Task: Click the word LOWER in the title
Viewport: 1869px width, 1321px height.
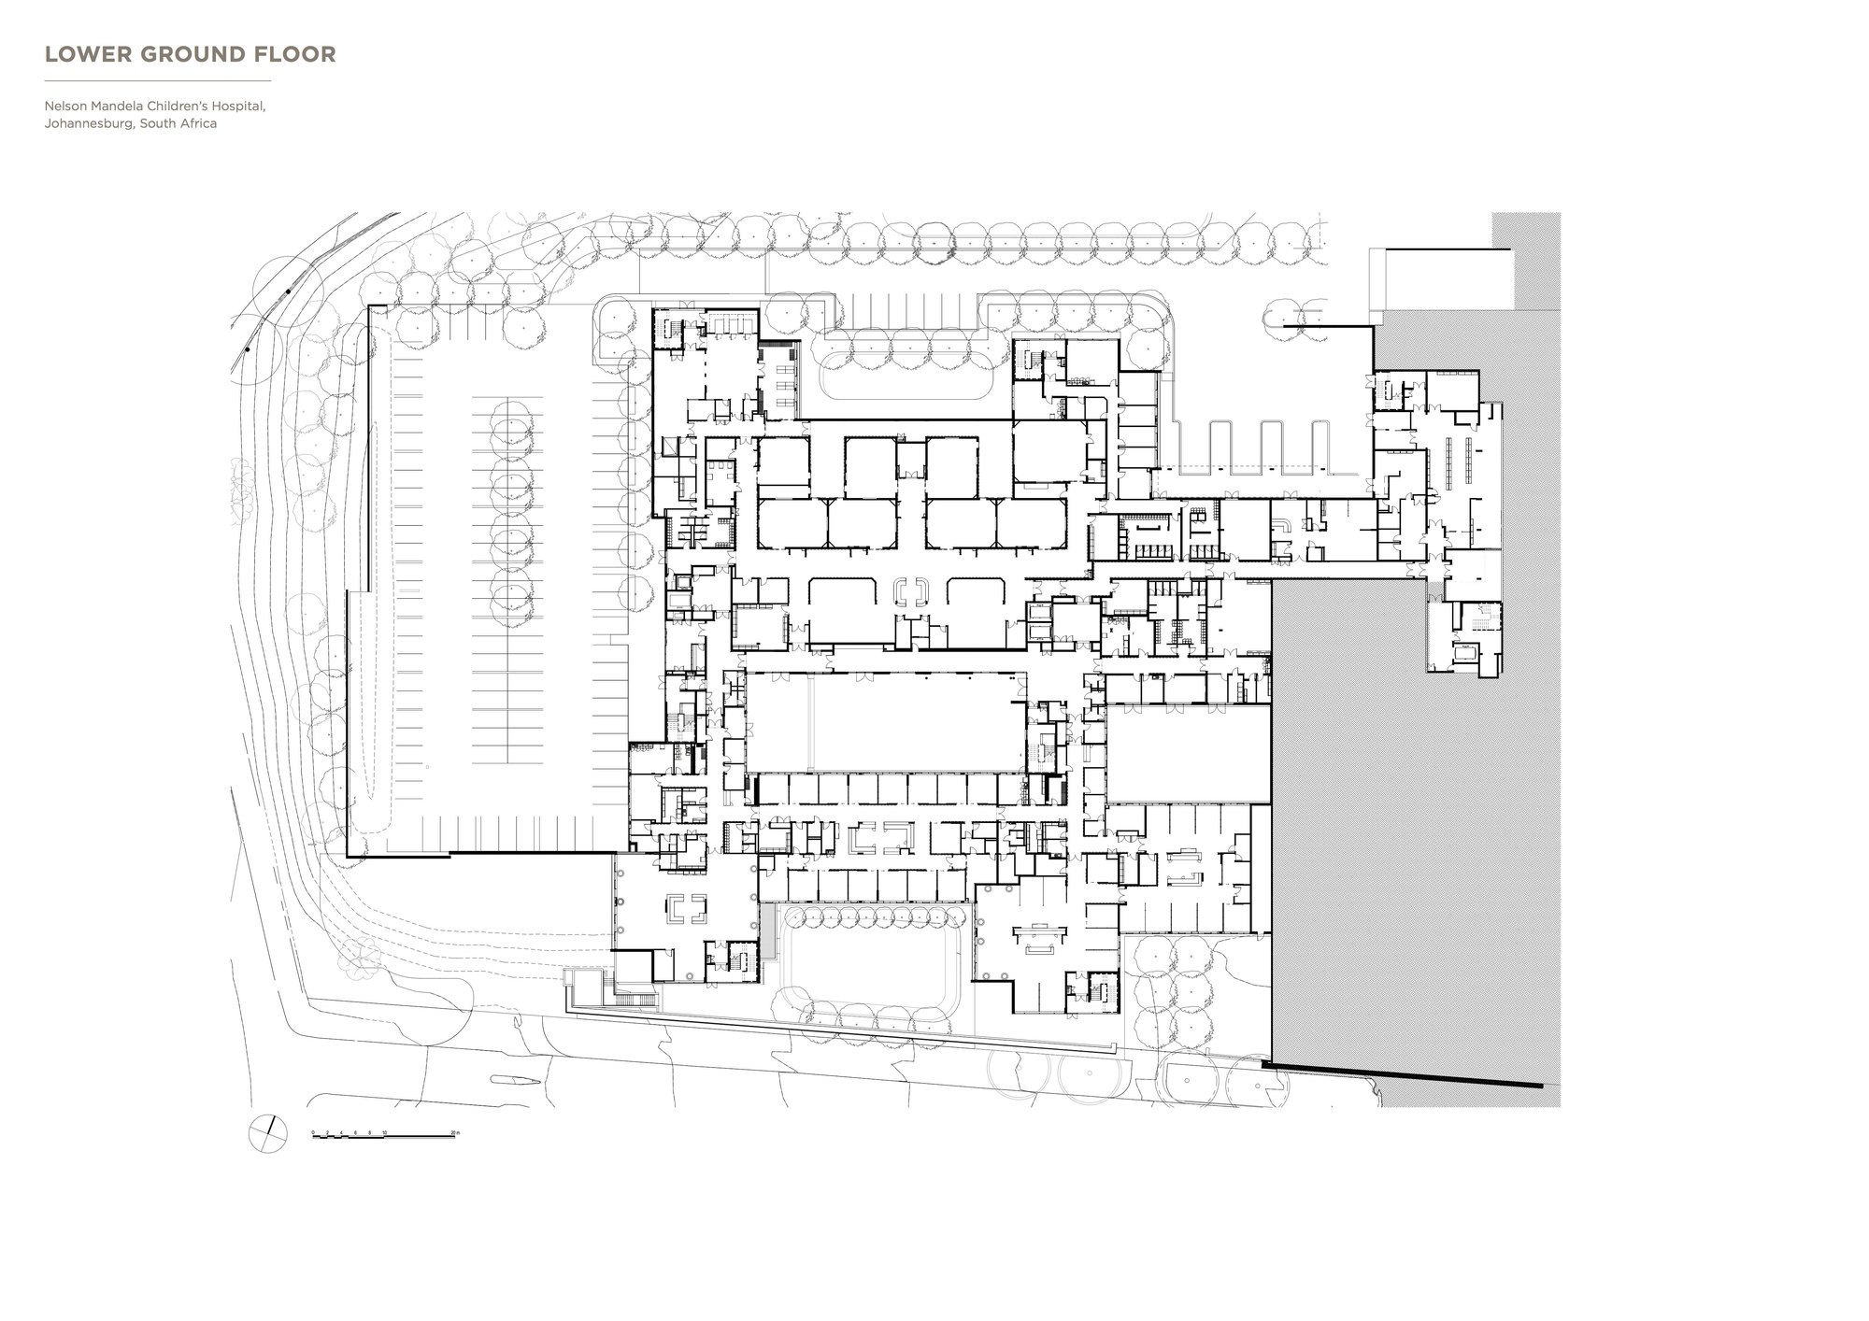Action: [x=78, y=54]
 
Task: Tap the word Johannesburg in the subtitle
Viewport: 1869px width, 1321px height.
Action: [x=88, y=123]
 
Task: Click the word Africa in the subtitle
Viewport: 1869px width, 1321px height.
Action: [x=198, y=123]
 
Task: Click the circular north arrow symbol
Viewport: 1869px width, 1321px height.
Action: [x=267, y=1133]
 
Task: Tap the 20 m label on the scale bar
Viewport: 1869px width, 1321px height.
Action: [x=455, y=1132]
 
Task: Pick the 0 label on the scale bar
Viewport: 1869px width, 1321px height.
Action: [x=313, y=1132]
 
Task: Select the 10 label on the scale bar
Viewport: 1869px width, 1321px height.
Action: [x=384, y=1132]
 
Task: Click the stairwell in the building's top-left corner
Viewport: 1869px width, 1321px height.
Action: [x=668, y=329]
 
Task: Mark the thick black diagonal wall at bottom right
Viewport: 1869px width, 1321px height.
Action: [x=1402, y=1075]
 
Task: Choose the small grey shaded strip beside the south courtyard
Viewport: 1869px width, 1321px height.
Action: [x=767, y=930]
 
